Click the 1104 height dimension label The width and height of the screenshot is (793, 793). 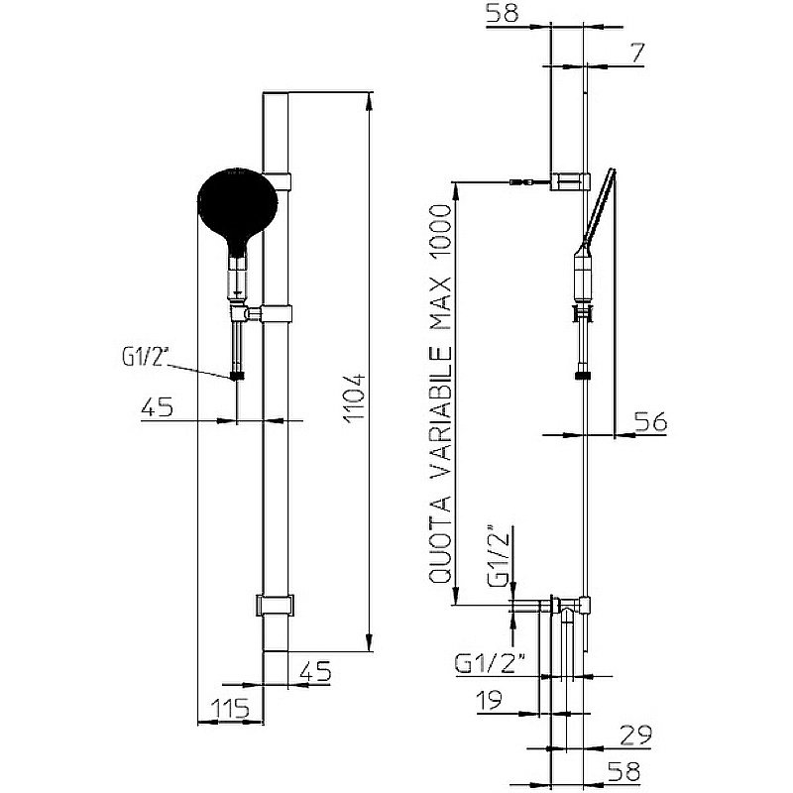coord(354,397)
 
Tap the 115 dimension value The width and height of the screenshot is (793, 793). coord(230,709)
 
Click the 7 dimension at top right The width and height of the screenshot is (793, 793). coord(638,53)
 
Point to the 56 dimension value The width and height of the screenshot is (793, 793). coord(651,422)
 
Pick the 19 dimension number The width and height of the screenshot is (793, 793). coord(490,700)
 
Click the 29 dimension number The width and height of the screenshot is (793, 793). coord(636,736)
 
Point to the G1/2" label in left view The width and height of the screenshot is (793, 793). coord(145,358)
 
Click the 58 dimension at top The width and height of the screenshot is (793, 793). coord(503,12)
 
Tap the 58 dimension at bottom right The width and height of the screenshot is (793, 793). coord(624,772)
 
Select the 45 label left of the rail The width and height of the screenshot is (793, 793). coord(157,407)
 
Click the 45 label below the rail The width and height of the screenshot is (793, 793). coord(315,672)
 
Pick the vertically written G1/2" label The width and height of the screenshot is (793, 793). coord(499,556)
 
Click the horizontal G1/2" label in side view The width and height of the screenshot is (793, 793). coord(490,663)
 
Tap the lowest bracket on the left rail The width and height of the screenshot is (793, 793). coord(275,605)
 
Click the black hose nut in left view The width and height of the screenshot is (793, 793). coord(237,376)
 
